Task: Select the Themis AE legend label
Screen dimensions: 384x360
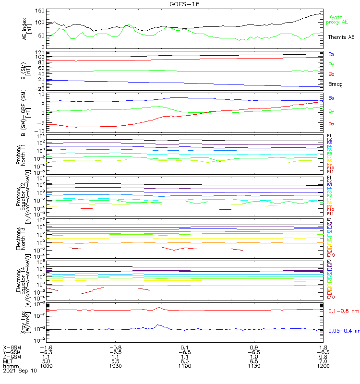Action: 341,37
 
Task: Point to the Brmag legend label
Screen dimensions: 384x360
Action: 336,84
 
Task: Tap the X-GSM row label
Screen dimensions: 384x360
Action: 12,347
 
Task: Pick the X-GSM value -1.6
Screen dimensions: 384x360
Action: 46,347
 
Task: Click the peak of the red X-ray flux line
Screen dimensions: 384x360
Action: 159,307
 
